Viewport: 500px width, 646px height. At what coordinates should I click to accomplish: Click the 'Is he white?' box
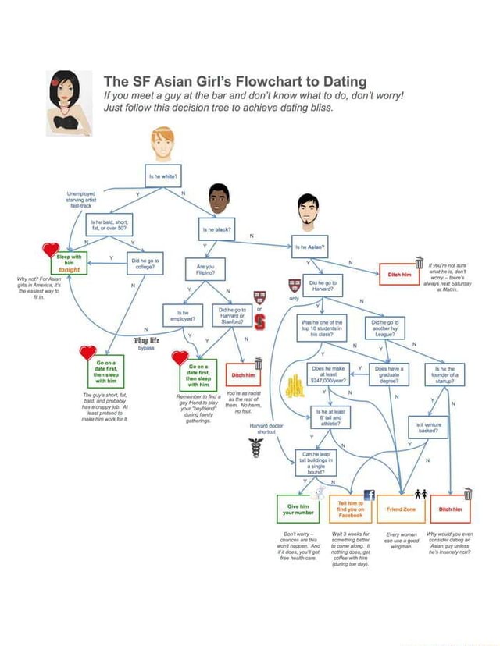tap(162, 176)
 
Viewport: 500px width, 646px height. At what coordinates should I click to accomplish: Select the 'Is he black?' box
tap(217, 230)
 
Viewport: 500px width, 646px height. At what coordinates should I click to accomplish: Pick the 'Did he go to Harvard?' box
tap(323, 286)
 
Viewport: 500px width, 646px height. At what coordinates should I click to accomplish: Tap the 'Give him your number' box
tap(298, 509)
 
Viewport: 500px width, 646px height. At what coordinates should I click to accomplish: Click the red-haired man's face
tap(162, 145)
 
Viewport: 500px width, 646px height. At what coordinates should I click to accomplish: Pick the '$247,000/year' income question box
tap(328, 376)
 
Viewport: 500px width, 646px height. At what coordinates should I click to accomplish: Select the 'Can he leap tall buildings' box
tap(316, 462)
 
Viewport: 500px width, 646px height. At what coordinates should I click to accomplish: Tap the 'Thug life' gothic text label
tap(146, 340)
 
